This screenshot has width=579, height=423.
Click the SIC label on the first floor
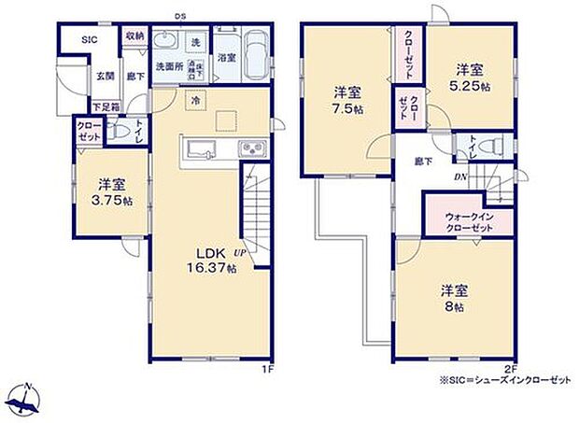89,39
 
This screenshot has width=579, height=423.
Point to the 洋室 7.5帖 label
348,100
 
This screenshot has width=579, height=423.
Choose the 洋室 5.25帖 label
470,78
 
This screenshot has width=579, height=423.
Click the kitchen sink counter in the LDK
222,149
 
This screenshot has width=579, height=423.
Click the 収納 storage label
134,37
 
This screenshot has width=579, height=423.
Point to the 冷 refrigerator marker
196,99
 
